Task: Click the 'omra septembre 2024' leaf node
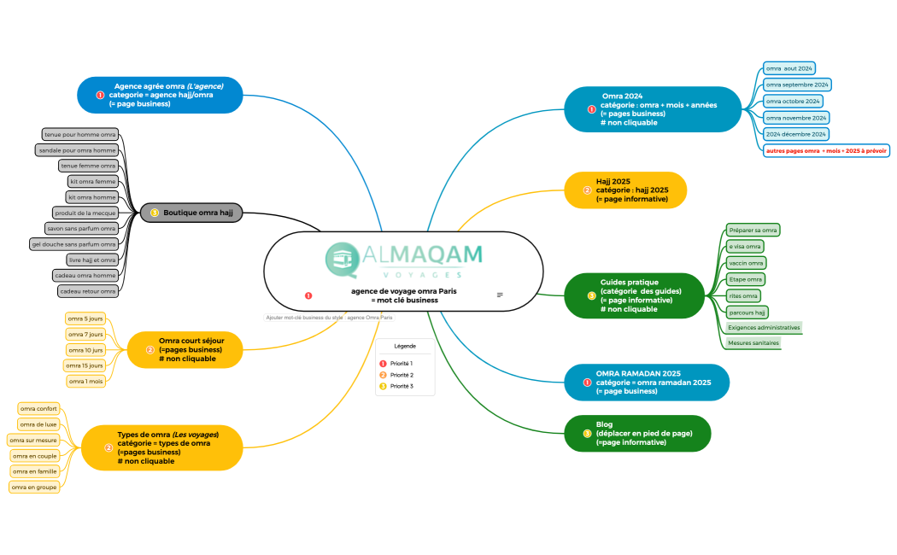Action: (796, 85)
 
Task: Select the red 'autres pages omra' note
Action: (826, 150)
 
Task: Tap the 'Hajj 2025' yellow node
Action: (625, 190)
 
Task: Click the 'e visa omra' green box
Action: (744, 247)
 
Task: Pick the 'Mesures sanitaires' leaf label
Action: (753, 343)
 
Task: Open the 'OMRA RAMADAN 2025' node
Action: (646, 383)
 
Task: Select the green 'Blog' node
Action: (637, 433)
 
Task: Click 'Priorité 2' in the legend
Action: (401, 375)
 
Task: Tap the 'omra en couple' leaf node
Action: (35, 456)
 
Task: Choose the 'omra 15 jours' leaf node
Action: (85, 365)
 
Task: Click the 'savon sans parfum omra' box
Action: (81, 229)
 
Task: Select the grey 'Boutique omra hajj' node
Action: (192, 213)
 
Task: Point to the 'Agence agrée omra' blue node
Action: (161, 96)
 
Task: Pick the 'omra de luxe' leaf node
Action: (38, 424)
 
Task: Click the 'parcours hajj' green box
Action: (747, 312)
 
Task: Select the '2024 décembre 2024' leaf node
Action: (795, 134)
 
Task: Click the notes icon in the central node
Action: (500, 295)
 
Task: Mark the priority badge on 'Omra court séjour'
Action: (150, 350)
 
